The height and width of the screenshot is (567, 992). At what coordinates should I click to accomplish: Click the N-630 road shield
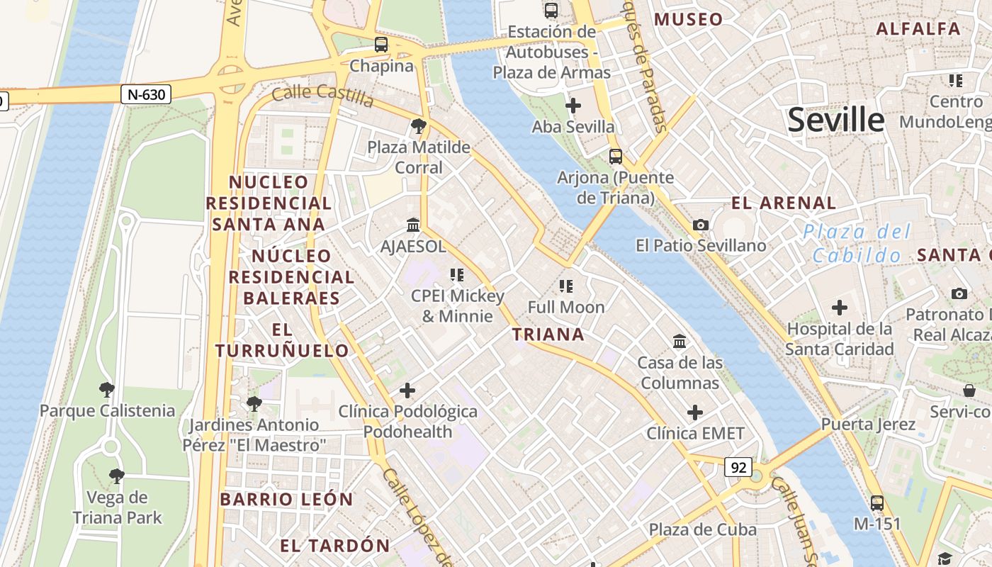point(146,94)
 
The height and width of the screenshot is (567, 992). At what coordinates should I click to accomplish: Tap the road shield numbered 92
point(738,467)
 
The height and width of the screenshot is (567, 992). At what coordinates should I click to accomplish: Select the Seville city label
point(836,120)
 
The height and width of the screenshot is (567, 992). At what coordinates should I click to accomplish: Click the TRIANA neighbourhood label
point(548,335)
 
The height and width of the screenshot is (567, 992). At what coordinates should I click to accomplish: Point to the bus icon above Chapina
point(381,45)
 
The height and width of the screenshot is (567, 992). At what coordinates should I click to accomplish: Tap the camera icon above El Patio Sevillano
point(701,225)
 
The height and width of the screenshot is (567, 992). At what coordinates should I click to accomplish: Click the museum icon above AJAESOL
point(413,225)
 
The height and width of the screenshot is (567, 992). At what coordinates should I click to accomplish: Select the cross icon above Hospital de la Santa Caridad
point(840,308)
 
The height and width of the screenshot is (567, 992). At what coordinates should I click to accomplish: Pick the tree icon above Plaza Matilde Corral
point(419,127)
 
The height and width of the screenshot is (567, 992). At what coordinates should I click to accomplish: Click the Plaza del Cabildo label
point(857,243)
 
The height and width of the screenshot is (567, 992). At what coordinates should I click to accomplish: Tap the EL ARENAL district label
point(784,203)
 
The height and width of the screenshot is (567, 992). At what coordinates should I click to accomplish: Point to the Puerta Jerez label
point(868,425)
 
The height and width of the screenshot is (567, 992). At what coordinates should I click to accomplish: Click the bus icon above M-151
point(877,503)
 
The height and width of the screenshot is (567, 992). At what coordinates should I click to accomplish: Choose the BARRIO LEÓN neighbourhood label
point(286,499)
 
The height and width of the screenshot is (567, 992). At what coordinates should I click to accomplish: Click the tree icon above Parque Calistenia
point(107,389)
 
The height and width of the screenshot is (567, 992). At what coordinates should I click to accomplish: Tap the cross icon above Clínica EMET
point(695,412)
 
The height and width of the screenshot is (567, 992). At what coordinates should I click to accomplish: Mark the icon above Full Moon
point(565,286)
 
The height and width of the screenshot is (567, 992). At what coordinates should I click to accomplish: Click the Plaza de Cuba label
point(703,529)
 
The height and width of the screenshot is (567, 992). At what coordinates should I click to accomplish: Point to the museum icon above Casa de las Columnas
point(680,342)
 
